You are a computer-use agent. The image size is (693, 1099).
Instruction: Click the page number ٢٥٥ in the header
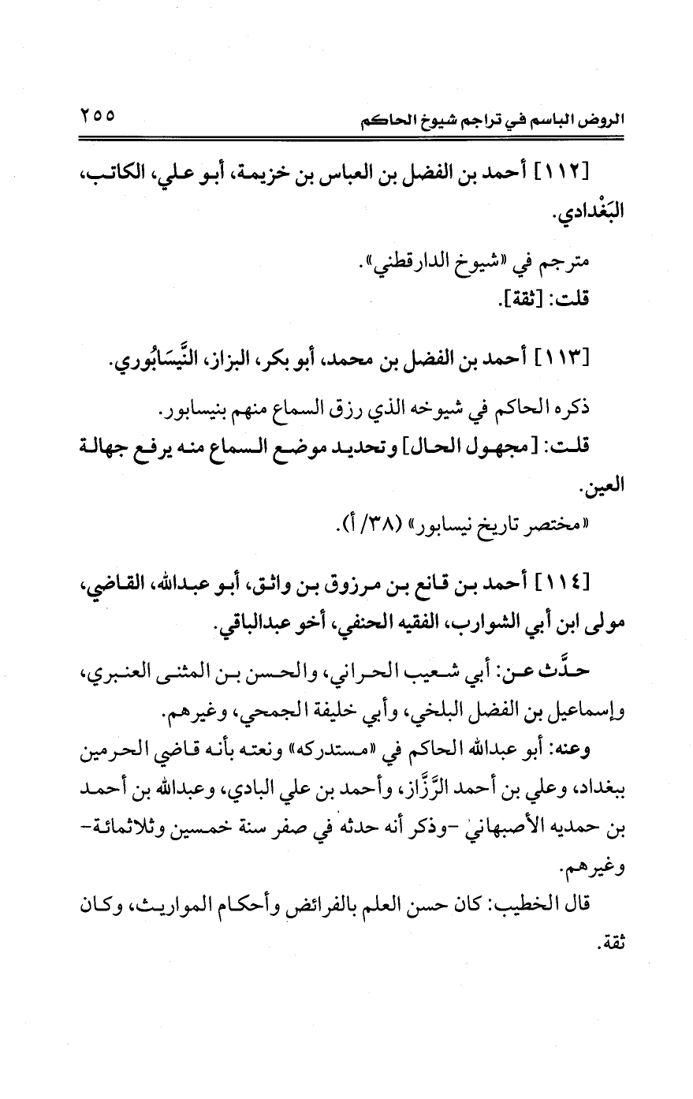click(x=96, y=116)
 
